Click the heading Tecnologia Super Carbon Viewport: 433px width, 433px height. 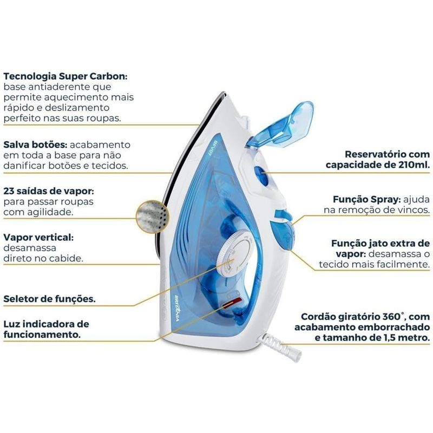pos(65,76)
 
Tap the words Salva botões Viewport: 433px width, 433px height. pos(35,145)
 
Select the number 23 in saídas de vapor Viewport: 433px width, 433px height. pos(9,191)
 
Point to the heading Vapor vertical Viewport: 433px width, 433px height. pos(38,237)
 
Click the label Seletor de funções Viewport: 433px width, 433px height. pos(49,299)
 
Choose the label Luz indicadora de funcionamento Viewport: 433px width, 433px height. pos(46,329)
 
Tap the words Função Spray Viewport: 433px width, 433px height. pos(367,199)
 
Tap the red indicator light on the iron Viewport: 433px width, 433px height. pos(232,303)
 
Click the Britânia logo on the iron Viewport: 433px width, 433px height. pos(178,308)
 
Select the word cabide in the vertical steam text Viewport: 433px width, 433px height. pos(65,259)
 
